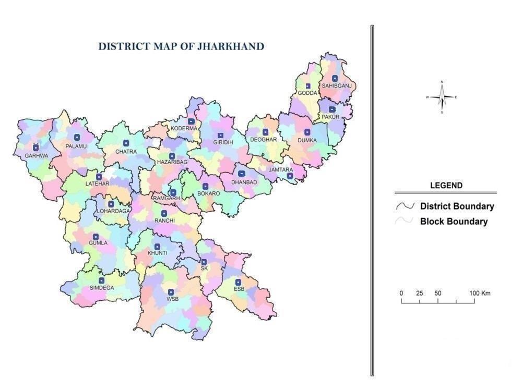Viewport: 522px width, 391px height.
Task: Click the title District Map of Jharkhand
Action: coord(181,46)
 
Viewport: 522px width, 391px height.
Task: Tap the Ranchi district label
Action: coord(164,221)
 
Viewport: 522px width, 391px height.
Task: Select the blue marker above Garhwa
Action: coord(36,148)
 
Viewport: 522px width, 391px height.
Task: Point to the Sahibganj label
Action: coord(337,85)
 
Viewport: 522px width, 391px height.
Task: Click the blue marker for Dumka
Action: coord(307,132)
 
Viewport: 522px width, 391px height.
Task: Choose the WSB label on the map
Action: coord(172,299)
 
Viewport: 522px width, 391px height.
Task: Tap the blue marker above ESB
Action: coord(238,282)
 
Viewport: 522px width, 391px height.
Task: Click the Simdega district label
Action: coord(102,288)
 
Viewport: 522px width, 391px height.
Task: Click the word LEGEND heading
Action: coord(446,185)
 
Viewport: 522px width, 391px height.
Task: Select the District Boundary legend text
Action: coord(457,206)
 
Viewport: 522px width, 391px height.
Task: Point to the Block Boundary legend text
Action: coord(454,221)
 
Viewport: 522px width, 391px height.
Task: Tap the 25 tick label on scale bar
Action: coord(419,293)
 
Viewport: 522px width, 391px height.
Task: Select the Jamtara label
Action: coord(281,169)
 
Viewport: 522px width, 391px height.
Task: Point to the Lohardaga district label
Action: coord(113,211)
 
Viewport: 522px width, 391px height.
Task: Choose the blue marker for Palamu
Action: coord(77,138)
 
